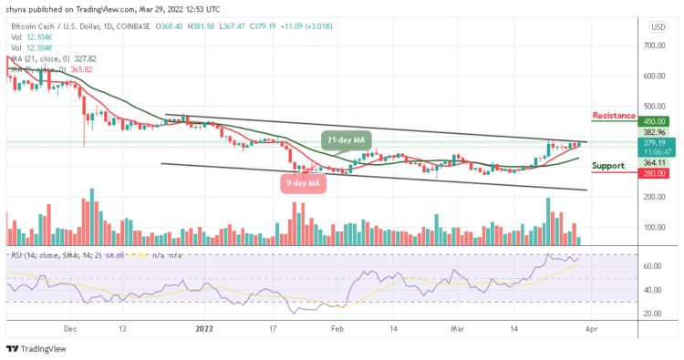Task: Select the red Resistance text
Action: click(614, 116)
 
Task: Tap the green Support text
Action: click(607, 166)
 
